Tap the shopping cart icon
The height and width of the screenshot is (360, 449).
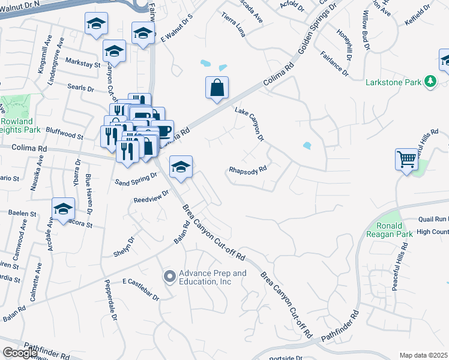tap(406, 160)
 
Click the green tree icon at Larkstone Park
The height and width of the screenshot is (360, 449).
tap(430, 81)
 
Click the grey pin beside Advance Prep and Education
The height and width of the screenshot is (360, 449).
tap(169, 277)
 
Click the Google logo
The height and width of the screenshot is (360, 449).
tap(20, 353)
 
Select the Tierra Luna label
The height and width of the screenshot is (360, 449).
tap(234, 25)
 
